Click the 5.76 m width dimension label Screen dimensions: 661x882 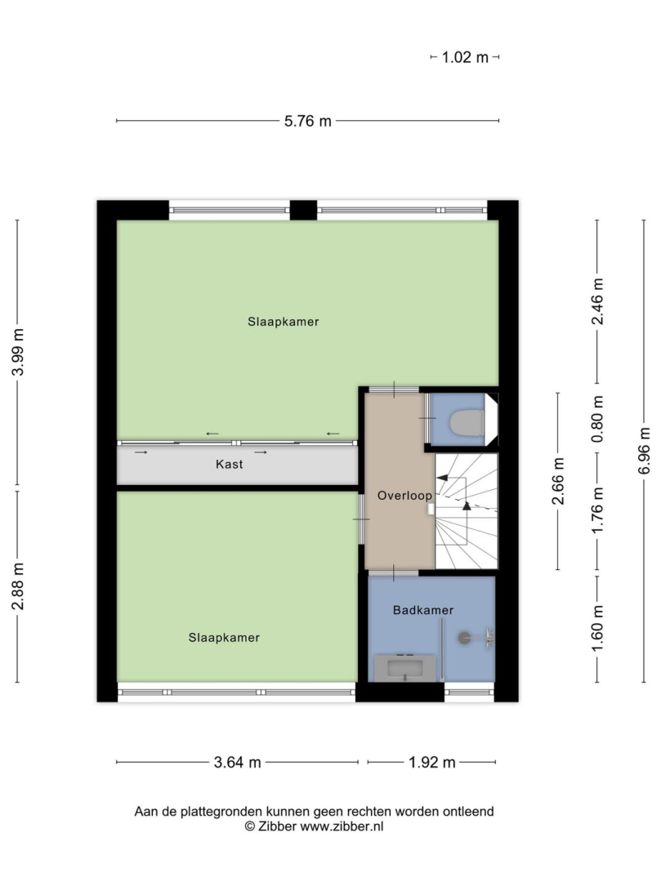pos(307,121)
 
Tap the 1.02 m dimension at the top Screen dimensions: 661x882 pos(465,57)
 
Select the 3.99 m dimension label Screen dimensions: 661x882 pos(18,352)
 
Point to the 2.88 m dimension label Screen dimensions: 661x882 pos(18,586)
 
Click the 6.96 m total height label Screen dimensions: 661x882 pos(644,451)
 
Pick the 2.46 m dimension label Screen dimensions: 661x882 pos(597,301)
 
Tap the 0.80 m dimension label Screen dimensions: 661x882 pos(597,418)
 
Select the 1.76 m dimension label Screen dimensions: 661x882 pos(597,510)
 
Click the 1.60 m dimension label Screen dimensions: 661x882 pos(597,628)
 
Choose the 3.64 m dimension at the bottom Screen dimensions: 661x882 pos(238,762)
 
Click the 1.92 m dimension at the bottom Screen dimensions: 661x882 pos(432,762)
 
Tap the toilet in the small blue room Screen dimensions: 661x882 pos(467,422)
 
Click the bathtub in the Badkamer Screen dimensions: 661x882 pos(405,668)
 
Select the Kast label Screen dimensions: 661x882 pos(230,464)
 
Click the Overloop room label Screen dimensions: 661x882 pos(404,496)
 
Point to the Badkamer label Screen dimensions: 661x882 pos(423,610)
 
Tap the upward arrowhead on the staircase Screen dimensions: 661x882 pos(467,506)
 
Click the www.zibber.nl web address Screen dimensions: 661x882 pos(342,826)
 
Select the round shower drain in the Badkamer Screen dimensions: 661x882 pos(465,637)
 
